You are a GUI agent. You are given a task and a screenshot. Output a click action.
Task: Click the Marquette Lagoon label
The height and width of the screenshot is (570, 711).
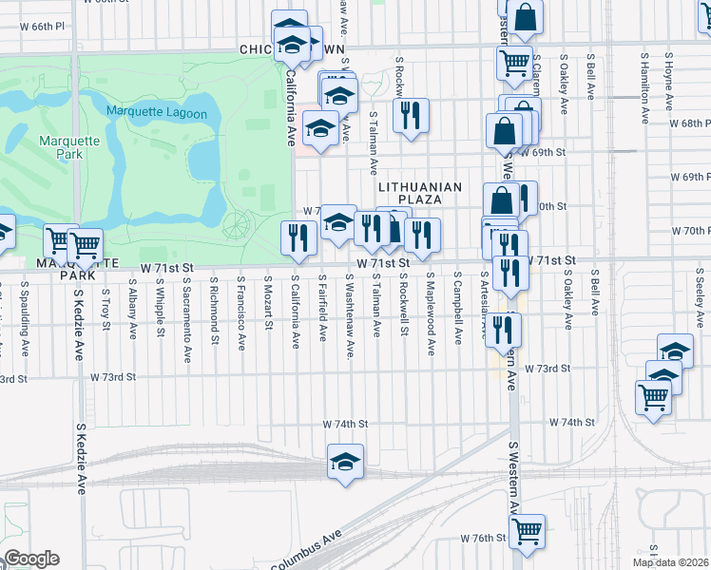(156, 112)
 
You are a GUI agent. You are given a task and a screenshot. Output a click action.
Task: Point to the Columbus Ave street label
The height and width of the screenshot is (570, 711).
(306, 553)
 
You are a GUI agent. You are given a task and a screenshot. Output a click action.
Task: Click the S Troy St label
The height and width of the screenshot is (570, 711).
(106, 311)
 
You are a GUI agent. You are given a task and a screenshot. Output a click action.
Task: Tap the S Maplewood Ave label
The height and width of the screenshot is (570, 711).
(431, 313)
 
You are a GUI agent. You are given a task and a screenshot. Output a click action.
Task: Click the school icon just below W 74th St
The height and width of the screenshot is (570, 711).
(345, 463)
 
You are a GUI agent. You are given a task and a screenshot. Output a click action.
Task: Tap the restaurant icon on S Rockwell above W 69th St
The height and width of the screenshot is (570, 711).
(411, 118)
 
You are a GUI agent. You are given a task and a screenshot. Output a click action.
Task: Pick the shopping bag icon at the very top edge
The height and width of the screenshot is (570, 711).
(525, 16)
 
